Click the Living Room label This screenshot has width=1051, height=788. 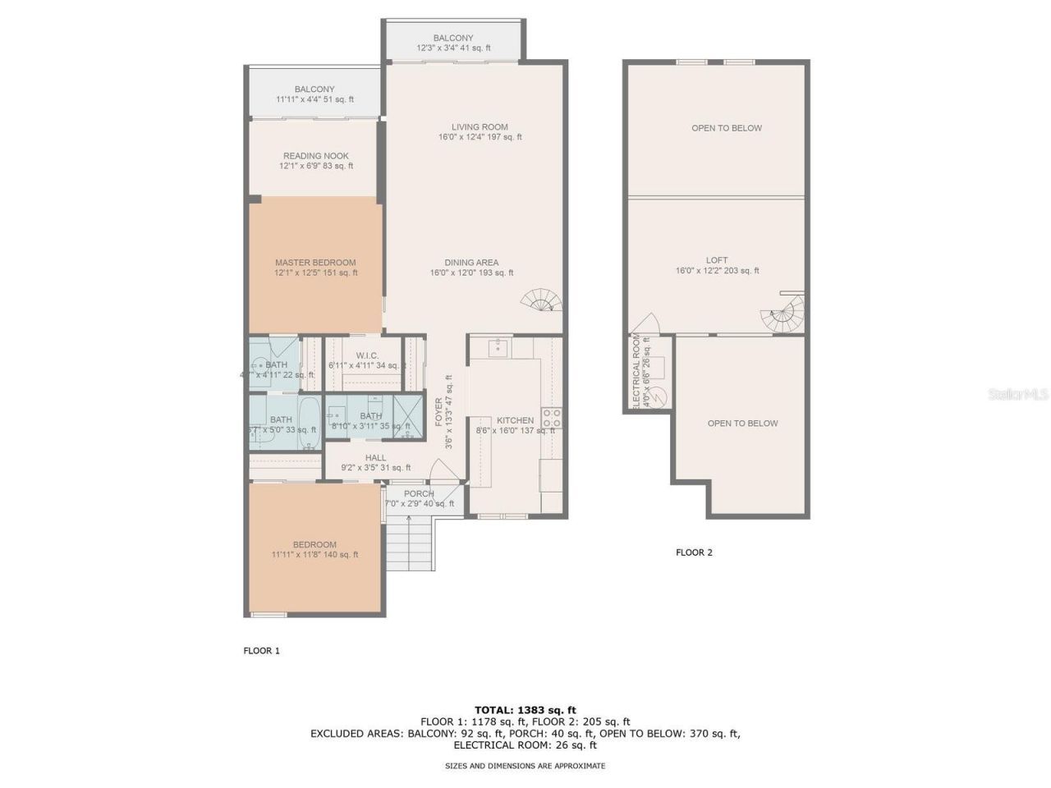[x=480, y=132]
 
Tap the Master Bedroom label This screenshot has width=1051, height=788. [x=315, y=268]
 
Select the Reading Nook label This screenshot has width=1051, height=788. [x=316, y=161]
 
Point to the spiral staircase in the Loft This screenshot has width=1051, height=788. [x=783, y=315]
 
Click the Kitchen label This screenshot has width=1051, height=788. [x=515, y=420]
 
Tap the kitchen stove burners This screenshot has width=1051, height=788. [x=551, y=418]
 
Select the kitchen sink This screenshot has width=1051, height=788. [x=498, y=348]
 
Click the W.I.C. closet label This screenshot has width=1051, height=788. [x=366, y=360]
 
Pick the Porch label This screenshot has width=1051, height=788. [x=419, y=498]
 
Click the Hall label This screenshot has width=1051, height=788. [x=375, y=463]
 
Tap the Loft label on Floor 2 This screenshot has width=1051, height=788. [x=717, y=265]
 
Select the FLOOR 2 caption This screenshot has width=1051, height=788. [x=694, y=552]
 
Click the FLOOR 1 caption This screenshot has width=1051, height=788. [x=261, y=651]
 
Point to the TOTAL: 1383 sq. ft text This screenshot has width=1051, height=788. [x=525, y=710]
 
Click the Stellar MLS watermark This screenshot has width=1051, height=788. [x=1018, y=395]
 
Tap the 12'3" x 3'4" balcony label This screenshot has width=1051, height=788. [x=453, y=43]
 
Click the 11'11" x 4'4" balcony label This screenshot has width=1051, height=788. [x=314, y=94]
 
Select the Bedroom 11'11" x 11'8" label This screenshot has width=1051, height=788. [x=314, y=549]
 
